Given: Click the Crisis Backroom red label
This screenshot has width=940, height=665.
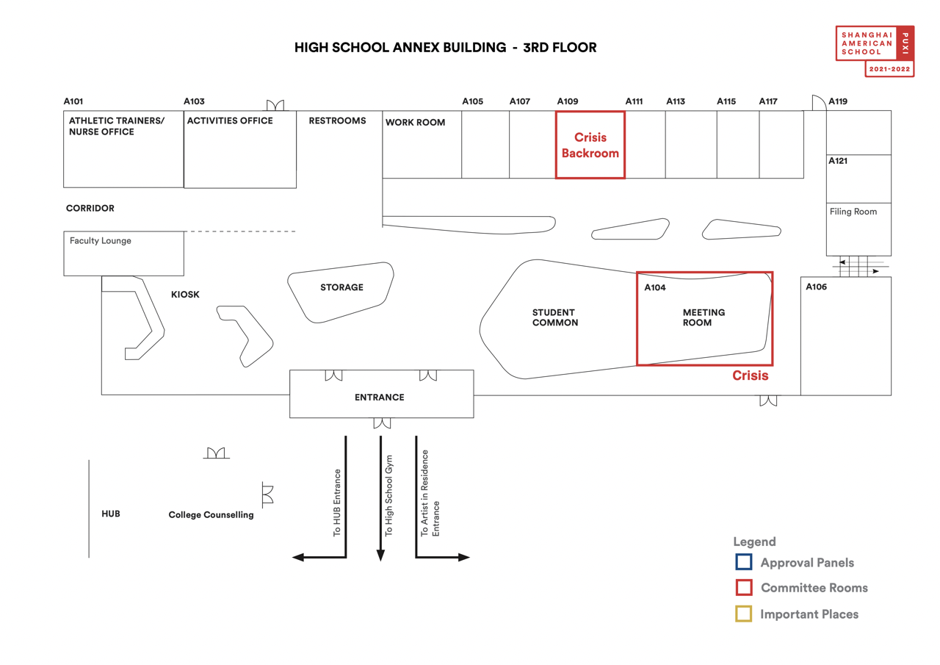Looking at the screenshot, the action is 590,145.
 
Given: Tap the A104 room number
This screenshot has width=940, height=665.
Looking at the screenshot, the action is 654,287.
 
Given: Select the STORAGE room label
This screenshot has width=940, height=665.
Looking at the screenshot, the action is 341,287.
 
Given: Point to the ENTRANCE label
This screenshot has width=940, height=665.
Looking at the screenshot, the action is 380,397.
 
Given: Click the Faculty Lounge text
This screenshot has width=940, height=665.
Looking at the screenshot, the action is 101,240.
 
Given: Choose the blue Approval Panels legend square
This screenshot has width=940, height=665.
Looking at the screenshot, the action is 744,561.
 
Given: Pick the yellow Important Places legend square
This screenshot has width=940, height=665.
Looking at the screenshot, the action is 744,614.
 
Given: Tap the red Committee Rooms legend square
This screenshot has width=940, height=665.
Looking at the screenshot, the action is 744,587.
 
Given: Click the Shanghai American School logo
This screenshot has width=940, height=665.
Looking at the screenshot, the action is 875,51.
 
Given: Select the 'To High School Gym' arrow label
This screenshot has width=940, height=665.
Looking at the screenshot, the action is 389,496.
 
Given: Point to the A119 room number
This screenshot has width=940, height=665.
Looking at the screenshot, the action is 838,101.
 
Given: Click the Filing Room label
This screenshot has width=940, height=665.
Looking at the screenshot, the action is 853,212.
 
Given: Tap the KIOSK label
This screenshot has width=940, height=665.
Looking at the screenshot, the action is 185,295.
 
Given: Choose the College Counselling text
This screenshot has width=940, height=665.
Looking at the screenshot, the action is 211,514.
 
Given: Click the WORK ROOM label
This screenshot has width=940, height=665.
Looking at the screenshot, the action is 415,122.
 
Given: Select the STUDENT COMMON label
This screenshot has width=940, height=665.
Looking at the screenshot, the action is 554,317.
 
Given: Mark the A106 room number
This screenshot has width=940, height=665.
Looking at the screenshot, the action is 816,287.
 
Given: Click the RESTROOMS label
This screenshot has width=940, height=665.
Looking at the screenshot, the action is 337,121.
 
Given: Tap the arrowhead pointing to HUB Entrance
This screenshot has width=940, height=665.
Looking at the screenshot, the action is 298,558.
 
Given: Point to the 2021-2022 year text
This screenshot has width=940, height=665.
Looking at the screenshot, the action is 889,69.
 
